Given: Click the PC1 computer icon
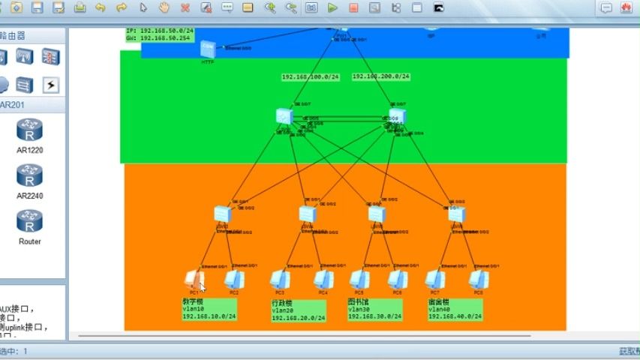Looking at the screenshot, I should point(194,279).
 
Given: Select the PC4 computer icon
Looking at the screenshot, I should point(323,280).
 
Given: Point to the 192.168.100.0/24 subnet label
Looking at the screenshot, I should point(311,77).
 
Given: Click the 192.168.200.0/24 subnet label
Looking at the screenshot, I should point(381,76).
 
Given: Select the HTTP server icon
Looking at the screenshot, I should point(208,49).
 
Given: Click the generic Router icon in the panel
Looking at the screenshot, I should point(29,222).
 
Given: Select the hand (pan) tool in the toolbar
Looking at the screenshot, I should point(164,8).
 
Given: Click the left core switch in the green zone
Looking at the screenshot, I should point(284,116).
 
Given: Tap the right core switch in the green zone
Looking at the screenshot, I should point(397,115).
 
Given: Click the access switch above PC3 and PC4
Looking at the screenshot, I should point(306,213).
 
